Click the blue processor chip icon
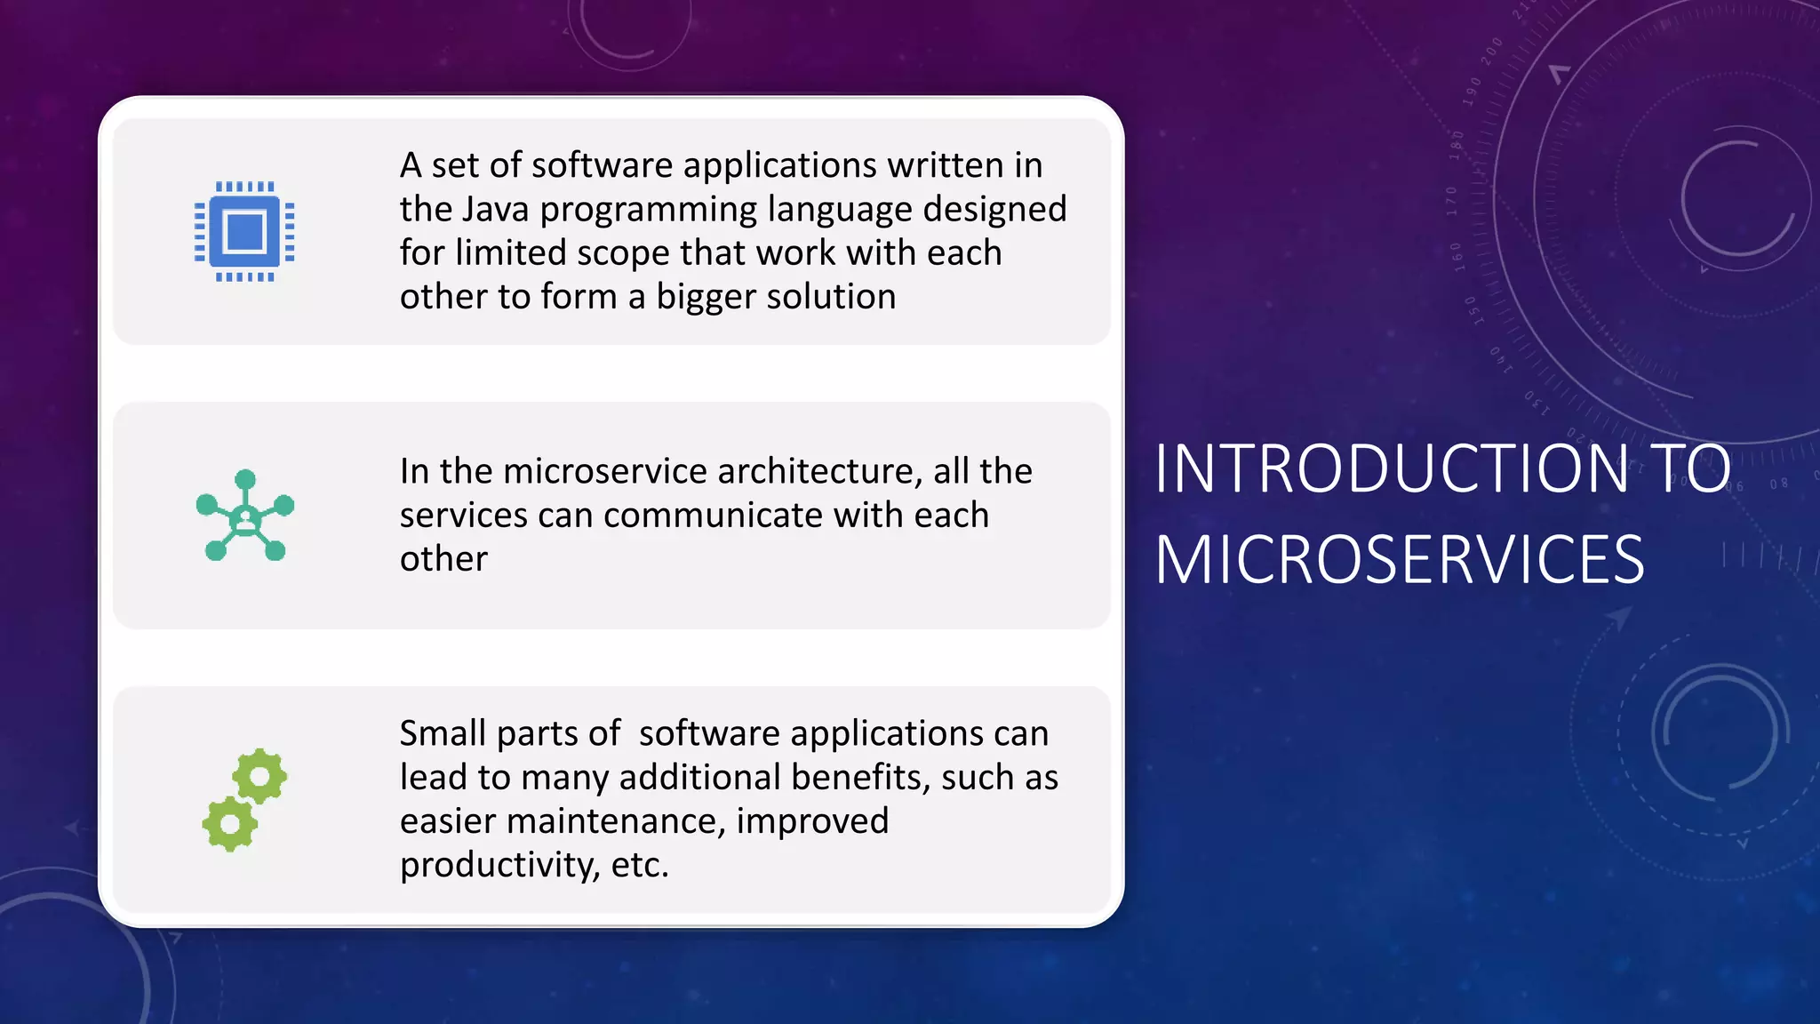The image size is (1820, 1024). (x=244, y=232)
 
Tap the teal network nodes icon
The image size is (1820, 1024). (x=244, y=516)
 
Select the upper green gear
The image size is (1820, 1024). (x=259, y=776)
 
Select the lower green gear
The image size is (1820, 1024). (x=230, y=824)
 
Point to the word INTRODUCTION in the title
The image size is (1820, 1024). (x=1392, y=468)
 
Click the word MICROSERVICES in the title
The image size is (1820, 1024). (x=1400, y=560)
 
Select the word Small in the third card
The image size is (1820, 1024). (x=443, y=734)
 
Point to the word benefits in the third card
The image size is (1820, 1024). (x=860, y=778)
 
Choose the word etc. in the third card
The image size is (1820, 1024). (x=640, y=865)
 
